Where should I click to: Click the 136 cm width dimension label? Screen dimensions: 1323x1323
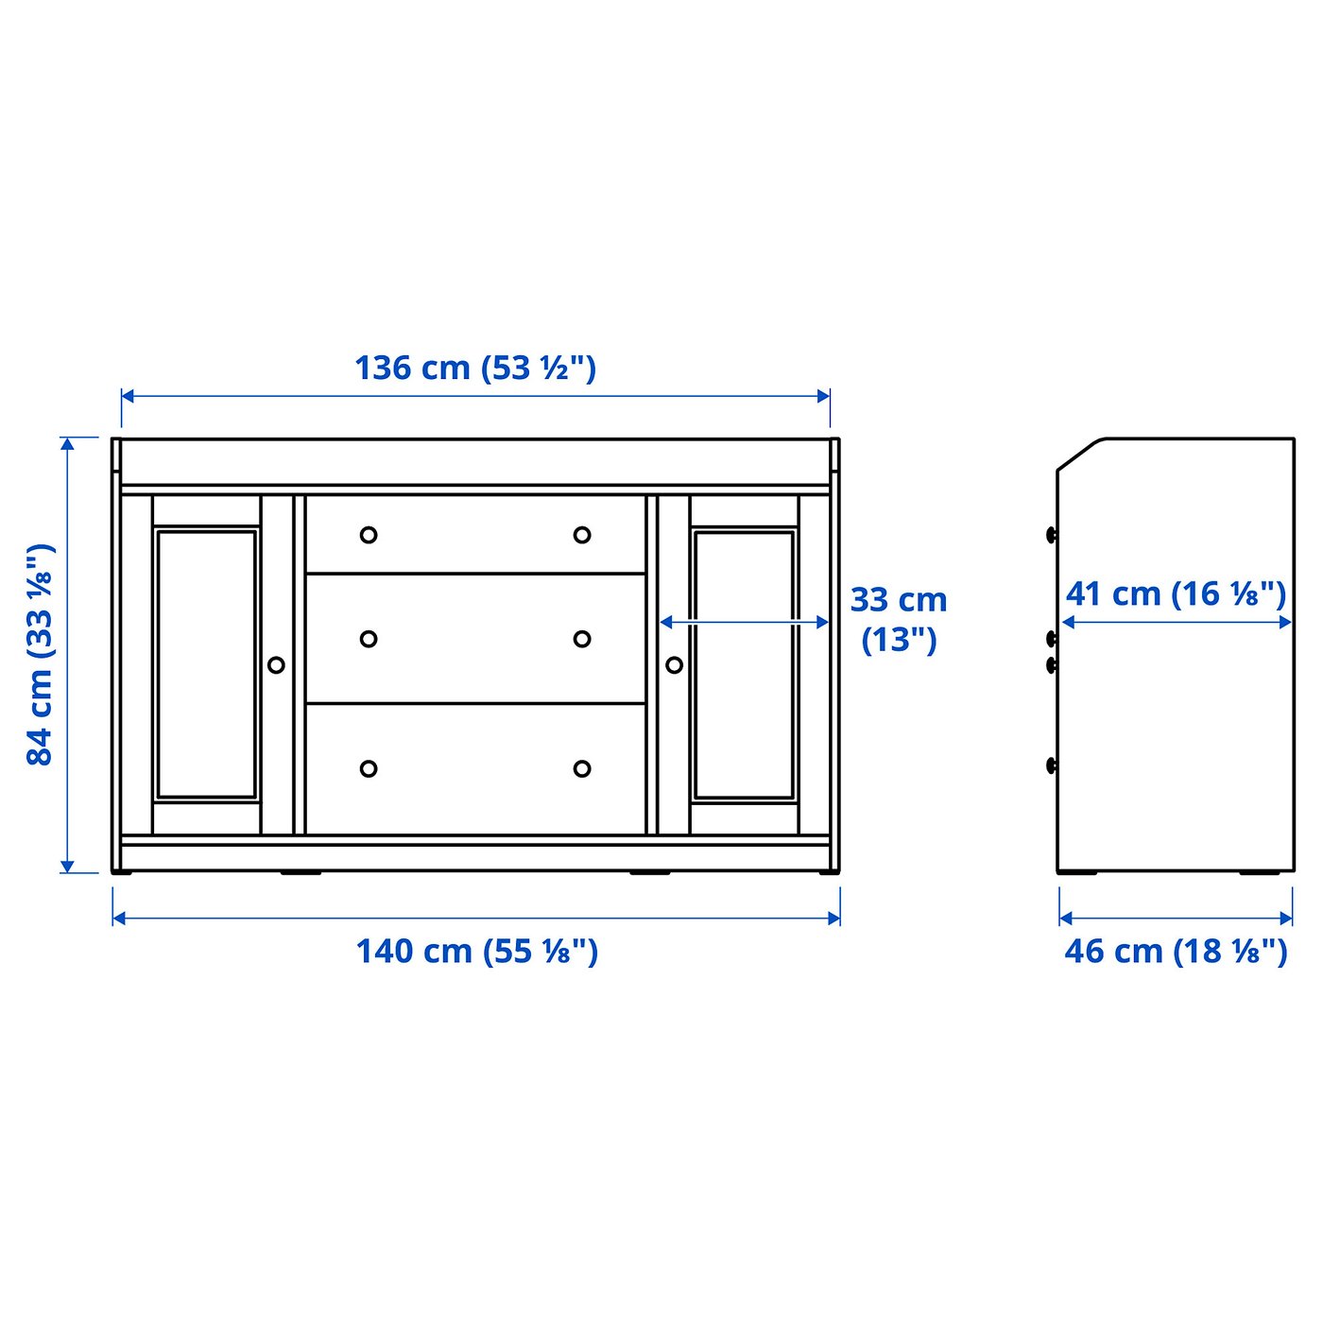tap(475, 368)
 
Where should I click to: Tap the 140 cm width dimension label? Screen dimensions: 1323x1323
tap(476, 951)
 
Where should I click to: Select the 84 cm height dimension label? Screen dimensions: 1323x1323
tap(41, 654)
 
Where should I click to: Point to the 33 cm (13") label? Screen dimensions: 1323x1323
tap(898, 619)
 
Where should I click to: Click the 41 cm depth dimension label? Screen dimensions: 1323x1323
tap(1176, 594)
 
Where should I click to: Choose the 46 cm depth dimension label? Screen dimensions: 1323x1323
tap(1176, 951)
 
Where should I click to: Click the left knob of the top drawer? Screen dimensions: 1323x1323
tap(369, 535)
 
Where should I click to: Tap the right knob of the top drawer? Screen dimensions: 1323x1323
tap(582, 535)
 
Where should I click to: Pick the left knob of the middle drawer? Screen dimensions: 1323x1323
tap(369, 639)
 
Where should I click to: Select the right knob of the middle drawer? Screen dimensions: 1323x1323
tap(582, 639)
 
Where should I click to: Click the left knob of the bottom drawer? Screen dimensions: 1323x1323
tap(369, 768)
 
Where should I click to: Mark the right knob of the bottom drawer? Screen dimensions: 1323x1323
tap(582, 768)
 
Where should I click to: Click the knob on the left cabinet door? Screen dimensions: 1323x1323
tap(276, 665)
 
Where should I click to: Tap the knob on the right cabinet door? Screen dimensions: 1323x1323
tap(674, 665)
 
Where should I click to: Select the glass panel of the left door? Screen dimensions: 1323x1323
tap(207, 664)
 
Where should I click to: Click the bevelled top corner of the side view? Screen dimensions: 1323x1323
tap(1081, 454)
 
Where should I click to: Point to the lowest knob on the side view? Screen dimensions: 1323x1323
tap(1052, 765)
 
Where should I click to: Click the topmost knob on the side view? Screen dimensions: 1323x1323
tap(1052, 535)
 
